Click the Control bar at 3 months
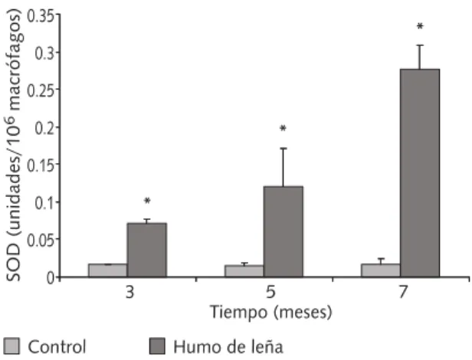[x=108, y=270]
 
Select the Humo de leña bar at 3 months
[x=147, y=250]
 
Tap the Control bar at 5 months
[x=244, y=271]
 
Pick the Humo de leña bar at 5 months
[x=284, y=231]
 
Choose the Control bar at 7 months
[x=381, y=270]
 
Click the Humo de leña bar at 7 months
[x=420, y=173]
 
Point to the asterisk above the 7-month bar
[x=420, y=27]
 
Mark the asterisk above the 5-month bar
[x=283, y=129]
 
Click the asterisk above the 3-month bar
[x=147, y=201]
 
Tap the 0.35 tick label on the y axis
[x=41, y=16]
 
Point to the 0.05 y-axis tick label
[x=41, y=240]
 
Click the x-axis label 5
[x=270, y=292]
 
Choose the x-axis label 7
[x=404, y=292]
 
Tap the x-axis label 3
[x=129, y=292]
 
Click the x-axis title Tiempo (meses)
[x=271, y=313]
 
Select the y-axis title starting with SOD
[x=13, y=145]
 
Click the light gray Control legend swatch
[x=11, y=346]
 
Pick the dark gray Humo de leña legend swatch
[x=157, y=346]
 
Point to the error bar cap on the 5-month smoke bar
[x=283, y=149]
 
